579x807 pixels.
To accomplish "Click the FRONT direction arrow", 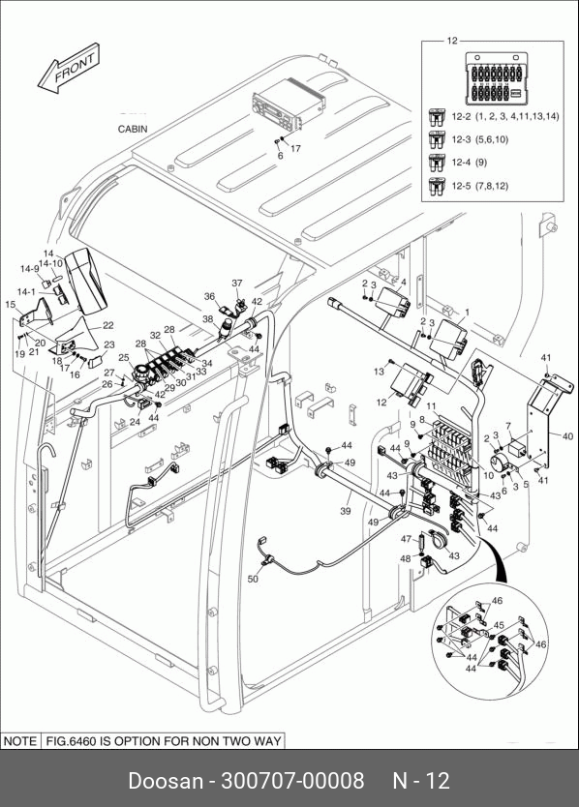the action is pos(69,69).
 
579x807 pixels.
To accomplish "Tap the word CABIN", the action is pos(133,130).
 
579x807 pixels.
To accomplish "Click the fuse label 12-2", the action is pos(461,116).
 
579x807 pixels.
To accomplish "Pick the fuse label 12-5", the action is pos(461,185).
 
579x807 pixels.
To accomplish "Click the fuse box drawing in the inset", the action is pos(496,77).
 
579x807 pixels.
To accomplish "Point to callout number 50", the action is pos(253,579).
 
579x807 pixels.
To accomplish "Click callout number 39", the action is pos(345,511).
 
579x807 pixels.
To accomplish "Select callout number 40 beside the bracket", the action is pos(567,436).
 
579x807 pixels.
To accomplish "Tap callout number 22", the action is pos(108,325).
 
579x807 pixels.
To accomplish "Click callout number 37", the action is pos(237,284).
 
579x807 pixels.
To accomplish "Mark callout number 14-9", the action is pos(29,269).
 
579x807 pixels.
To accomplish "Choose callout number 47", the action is pos(407,539).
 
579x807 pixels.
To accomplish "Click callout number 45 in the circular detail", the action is pos(499,625).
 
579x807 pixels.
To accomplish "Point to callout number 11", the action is pos(431,406).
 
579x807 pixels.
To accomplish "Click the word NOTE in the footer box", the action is pos(20,741).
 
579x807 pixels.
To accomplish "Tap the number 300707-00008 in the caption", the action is pos(292,780).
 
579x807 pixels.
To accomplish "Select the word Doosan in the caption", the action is pos(166,780).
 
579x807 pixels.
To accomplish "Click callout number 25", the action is pos(124,358).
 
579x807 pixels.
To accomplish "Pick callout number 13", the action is pos(380,371).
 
